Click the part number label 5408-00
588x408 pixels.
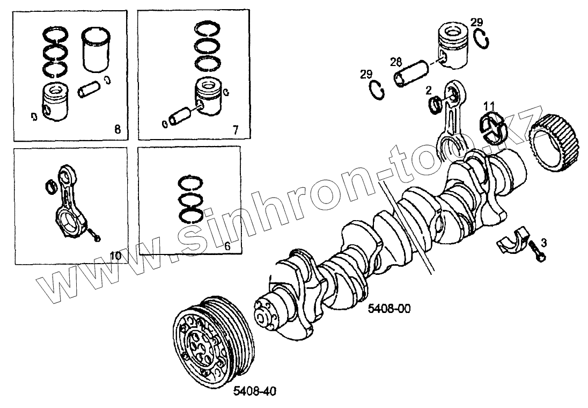(389, 309)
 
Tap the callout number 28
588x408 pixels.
(396, 62)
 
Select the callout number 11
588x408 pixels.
(489, 105)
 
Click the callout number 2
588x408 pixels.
(428, 89)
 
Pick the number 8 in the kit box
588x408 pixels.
(117, 129)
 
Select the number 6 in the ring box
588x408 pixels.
(227, 246)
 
